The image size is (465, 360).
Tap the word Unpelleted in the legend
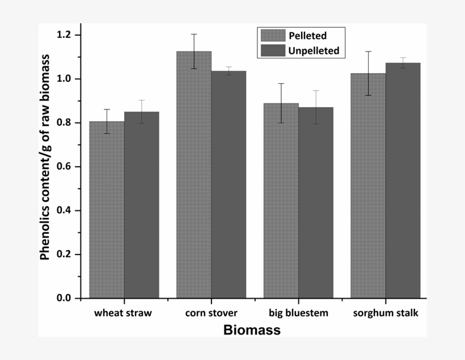[314, 50]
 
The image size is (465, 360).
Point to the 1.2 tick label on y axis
[66, 35]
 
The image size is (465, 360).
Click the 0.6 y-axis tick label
[66, 167]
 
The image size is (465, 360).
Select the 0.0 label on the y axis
[66, 298]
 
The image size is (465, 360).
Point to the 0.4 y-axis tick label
[66, 210]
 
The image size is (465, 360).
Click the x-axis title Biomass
[252, 331]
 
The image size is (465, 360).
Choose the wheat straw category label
[123, 313]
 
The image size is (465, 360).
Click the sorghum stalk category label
[386, 313]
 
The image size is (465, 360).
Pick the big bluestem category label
[298, 313]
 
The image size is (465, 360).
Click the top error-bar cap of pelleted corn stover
[194, 34]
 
